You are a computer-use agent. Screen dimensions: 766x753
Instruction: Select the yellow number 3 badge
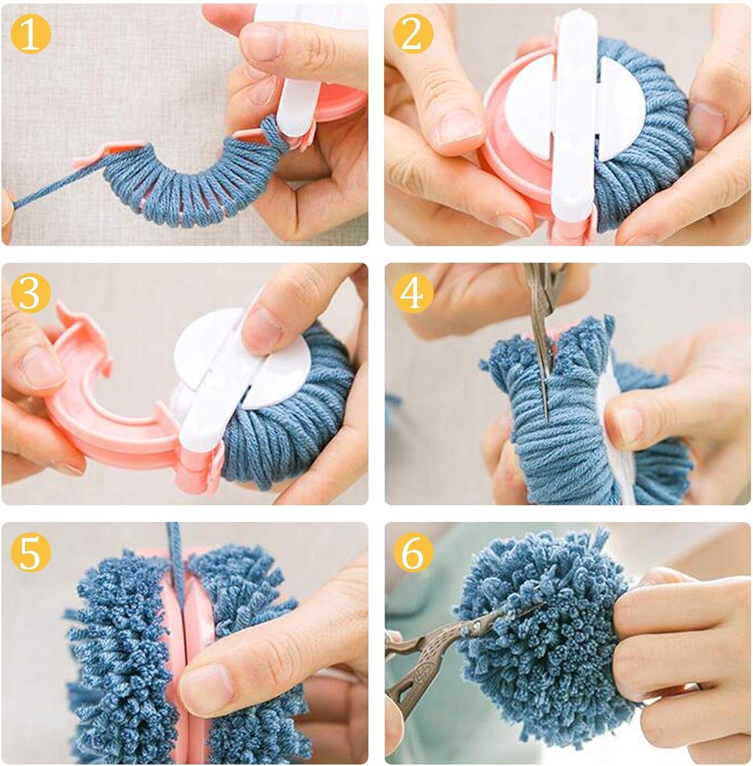[30, 294]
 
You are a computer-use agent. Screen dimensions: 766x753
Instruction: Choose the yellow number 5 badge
[30, 553]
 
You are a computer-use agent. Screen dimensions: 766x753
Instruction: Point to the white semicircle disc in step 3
[204, 347]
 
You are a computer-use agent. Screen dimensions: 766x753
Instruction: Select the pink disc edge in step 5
[179, 638]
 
